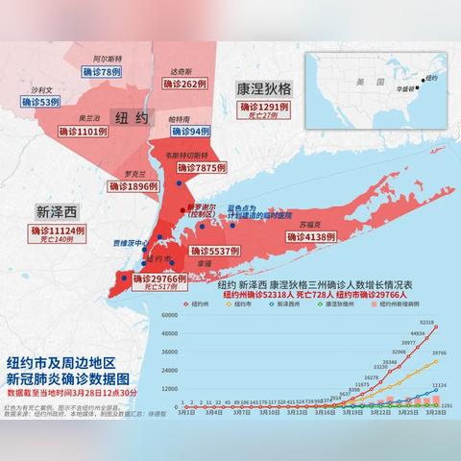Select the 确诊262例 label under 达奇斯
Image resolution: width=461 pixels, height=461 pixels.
pyautogui.click(x=185, y=85)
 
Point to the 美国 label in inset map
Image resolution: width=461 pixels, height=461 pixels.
pyautogui.click(x=364, y=84)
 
